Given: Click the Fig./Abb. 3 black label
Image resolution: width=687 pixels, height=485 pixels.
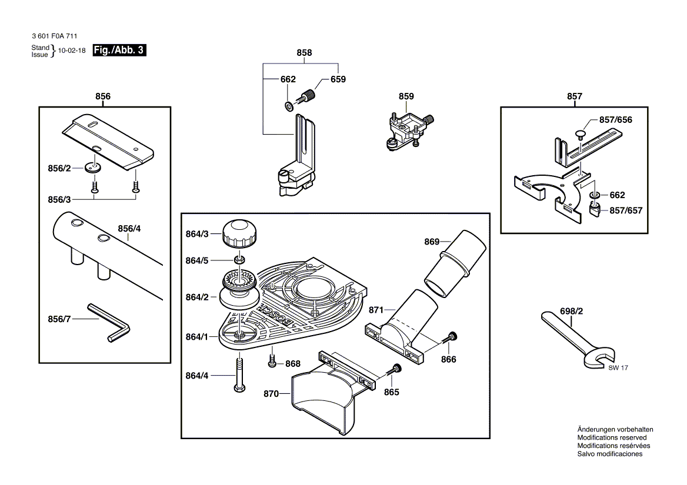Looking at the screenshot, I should pyautogui.click(x=119, y=51).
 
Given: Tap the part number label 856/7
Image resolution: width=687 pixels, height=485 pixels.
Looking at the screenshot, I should pyautogui.click(x=59, y=319).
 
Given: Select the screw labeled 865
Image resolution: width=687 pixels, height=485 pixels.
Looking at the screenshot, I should pyautogui.click(x=395, y=371).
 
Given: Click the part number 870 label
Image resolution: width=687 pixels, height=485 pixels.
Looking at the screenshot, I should pyautogui.click(x=272, y=396).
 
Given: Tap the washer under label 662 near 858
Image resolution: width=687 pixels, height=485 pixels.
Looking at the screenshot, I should pyautogui.click(x=289, y=106).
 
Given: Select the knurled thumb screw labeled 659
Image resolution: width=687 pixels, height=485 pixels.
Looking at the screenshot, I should pyautogui.click(x=309, y=95).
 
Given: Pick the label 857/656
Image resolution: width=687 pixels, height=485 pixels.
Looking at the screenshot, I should pyautogui.click(x=616, y=119).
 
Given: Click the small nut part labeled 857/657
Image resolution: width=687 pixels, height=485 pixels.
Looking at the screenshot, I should pyautogui.click(x=595, y=209).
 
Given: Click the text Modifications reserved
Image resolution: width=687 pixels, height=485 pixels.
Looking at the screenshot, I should pyautogui.click(x=612, y=437).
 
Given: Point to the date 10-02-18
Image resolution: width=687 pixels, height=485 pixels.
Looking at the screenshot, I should pyautogui.click(x=72, y=51).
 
